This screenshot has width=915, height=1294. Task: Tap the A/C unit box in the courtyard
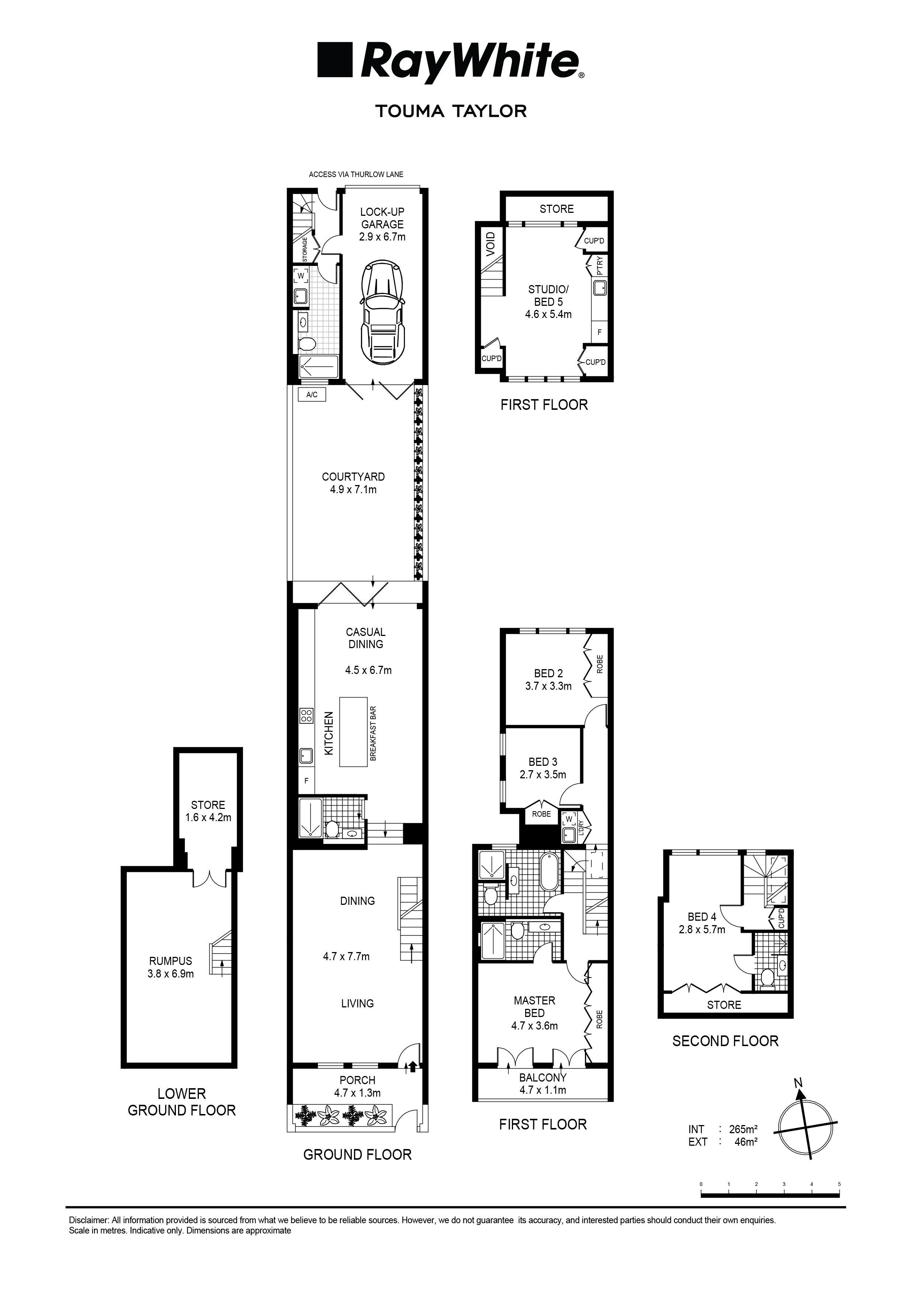point(312,395)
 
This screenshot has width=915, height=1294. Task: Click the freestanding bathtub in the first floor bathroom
point(549,872)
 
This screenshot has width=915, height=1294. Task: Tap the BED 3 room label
point(543,768)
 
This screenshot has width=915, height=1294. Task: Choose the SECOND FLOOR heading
point(725,1041)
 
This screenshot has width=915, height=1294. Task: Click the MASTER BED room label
point(534,1013)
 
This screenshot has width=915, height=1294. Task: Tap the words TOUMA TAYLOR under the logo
point(451,111)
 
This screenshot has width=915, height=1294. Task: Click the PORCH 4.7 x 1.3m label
point(357,1086)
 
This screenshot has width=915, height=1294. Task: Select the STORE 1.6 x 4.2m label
point(208,811)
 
